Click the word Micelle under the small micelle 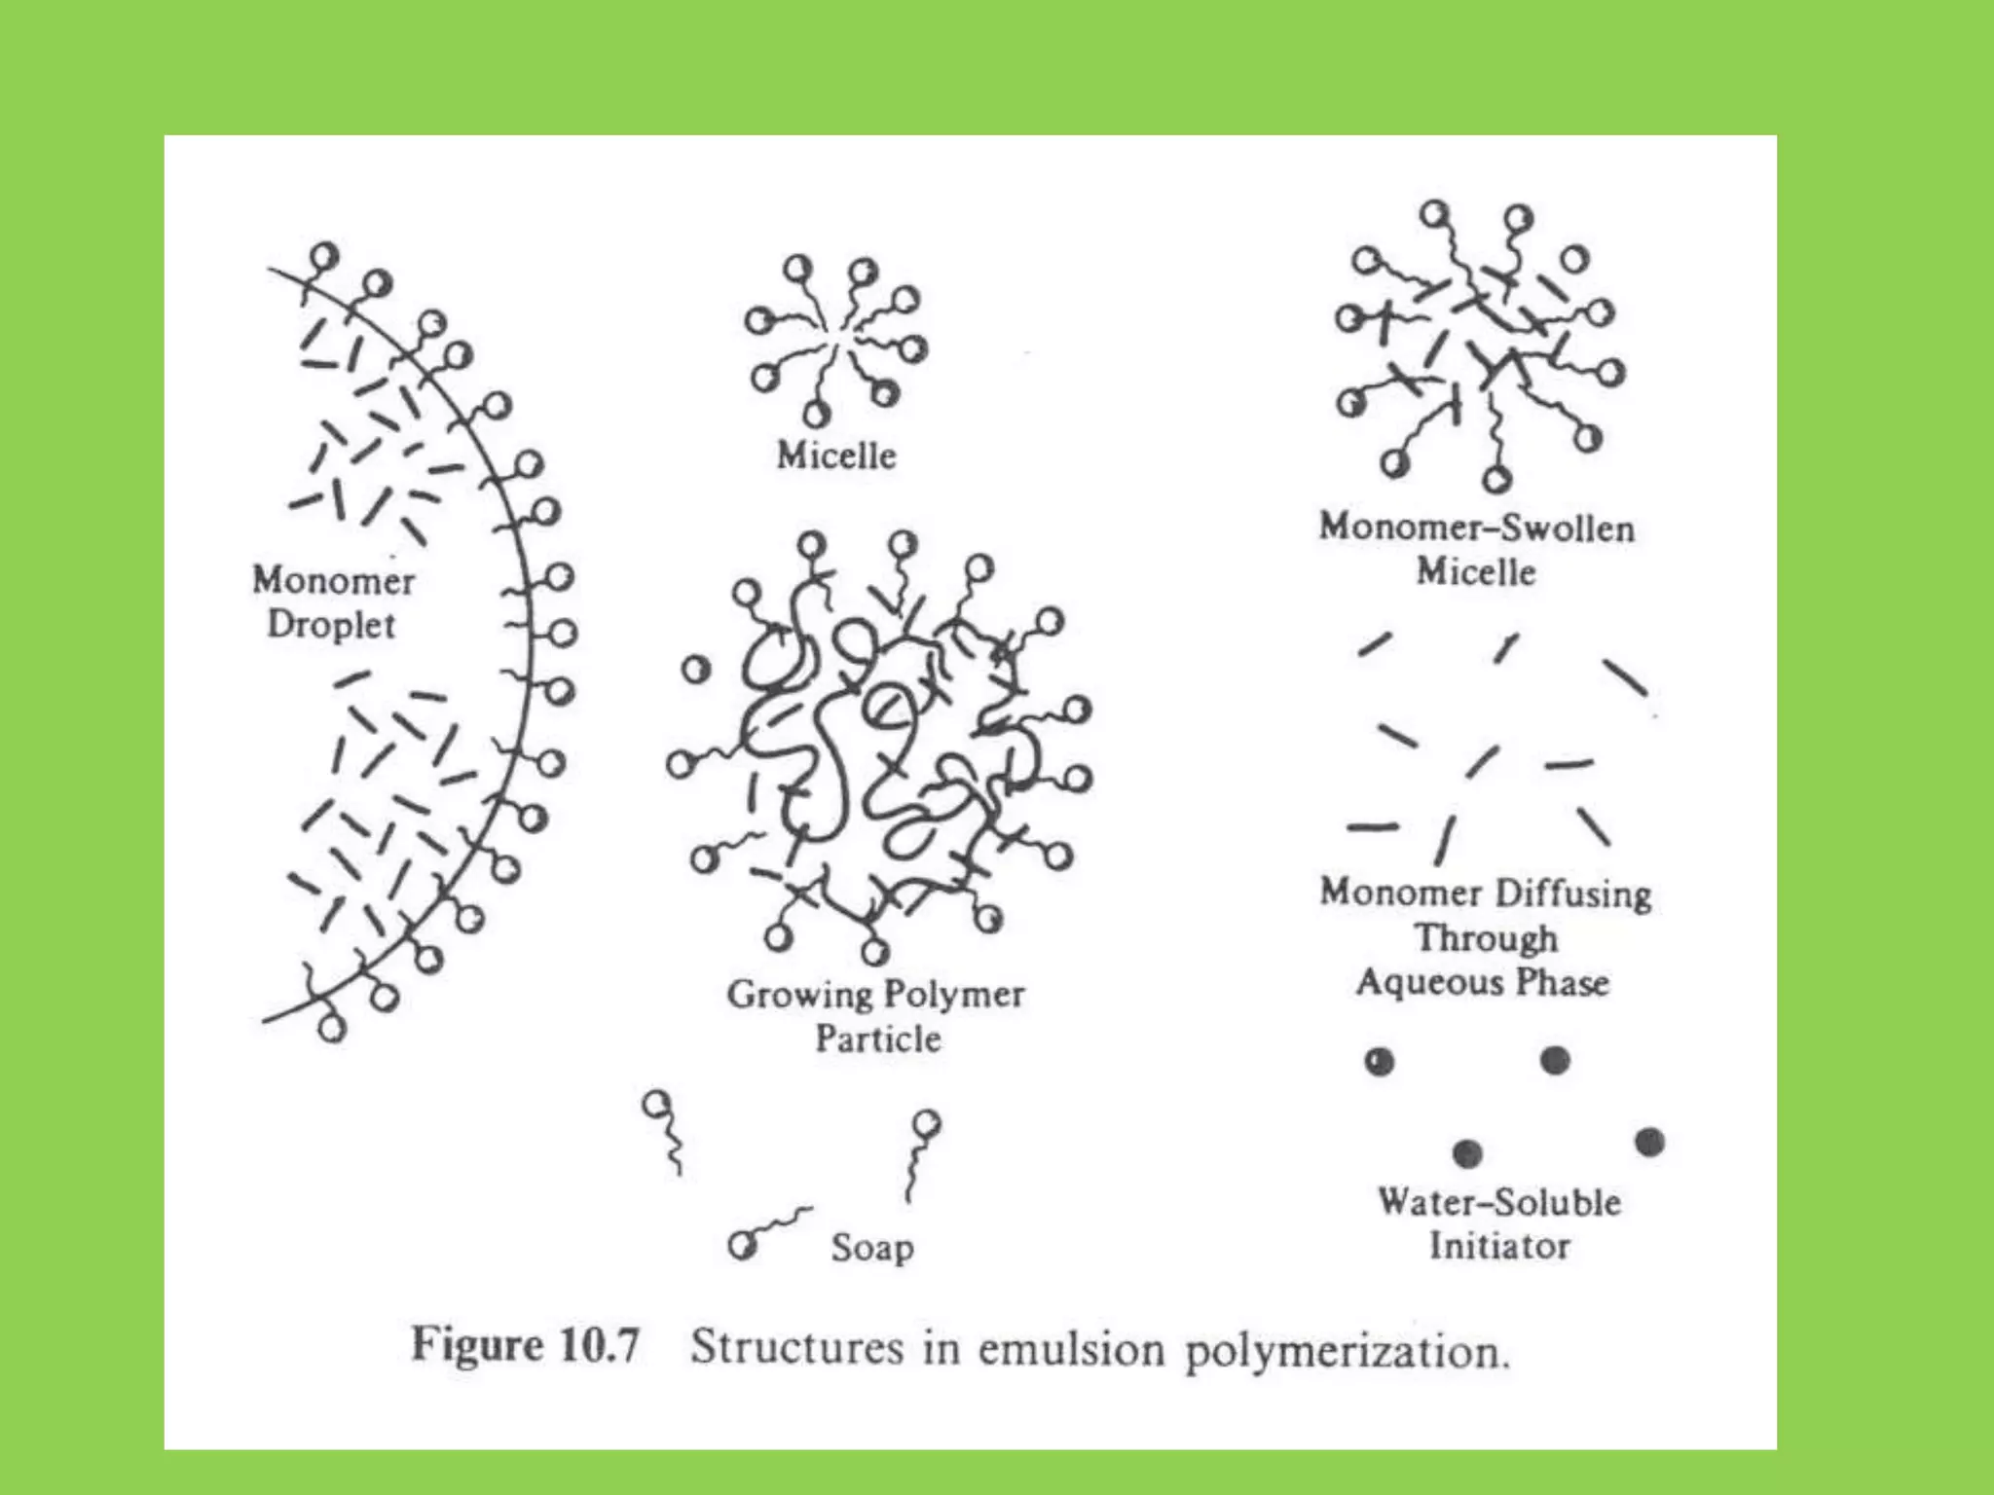[836, 456]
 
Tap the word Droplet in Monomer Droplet [332, 625]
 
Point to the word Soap [872, 1248]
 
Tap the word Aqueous [1420, 983]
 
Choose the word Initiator [1499, 1246]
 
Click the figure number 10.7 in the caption [599, 1346]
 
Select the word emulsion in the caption [1071, 1350]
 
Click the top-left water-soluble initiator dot [1380, 1061]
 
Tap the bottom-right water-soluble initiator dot [1649, 1142]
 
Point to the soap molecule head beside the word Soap [743, 1245]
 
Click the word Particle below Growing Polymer [878, 1039]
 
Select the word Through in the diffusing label [1486, 938]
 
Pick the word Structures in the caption [796, 1348]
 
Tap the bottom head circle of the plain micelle [816, 416]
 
